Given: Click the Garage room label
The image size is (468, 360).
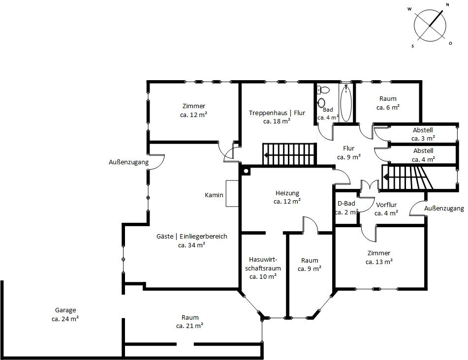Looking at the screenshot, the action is (x=65, y=315).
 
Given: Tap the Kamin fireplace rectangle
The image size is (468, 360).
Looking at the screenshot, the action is (x=232, y=193).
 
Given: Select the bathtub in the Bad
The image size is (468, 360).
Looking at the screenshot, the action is (x=346, y=103).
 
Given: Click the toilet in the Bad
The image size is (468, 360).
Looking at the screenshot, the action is (x=323, y=89).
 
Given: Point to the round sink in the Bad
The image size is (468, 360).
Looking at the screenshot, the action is (x=321, y=103).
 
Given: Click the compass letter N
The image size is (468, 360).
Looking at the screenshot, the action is (x=447, y=4).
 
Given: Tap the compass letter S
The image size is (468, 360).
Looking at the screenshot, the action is (x=413, y=46).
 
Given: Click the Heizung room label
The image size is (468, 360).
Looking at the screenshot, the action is (x=287, y=197).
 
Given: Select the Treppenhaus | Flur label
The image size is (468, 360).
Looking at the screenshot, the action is (x=277, y=117).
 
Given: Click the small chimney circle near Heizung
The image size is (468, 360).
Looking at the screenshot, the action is (x=246, y=171).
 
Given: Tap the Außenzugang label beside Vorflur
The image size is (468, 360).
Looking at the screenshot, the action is (x=444, y=209).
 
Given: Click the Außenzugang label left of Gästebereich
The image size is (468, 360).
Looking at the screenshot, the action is (x=128, y=162).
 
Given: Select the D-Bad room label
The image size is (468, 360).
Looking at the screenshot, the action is (x=346, y=208).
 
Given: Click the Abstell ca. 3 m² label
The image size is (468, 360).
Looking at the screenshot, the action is (x=423, y=134).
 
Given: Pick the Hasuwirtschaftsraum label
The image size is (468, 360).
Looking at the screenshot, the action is (x=263, y=268).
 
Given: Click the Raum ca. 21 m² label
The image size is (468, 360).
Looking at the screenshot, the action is (x=190, y=322).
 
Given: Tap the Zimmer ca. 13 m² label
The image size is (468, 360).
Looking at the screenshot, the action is (x=379, y=257).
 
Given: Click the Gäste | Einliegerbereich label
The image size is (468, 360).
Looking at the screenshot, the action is (x=191, y=240).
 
